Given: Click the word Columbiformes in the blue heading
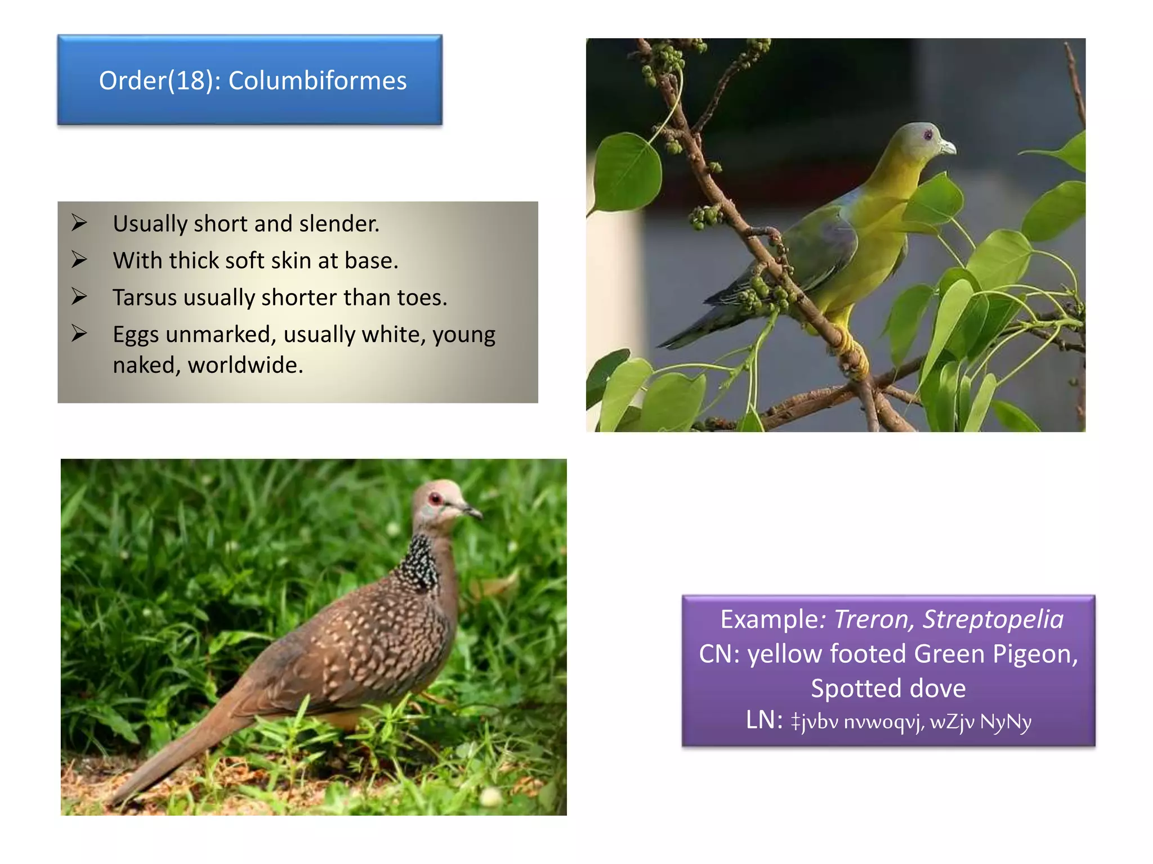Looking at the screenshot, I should [317, 80].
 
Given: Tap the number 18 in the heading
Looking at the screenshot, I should [190, 80].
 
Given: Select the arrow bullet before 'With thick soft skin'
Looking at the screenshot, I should [79, 260].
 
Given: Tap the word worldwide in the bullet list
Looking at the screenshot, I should [245, 365].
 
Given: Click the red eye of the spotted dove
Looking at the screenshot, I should [435, 498].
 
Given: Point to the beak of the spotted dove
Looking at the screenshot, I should [472, 511].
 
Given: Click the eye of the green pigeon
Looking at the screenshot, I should [928, 135].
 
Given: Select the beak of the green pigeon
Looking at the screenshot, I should [948, 147].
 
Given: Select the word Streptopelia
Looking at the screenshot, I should [993, 619].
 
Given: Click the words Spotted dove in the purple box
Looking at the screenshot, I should [888, 688].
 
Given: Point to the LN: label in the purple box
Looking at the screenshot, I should [764, 720].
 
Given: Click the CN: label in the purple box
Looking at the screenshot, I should [719, 654].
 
